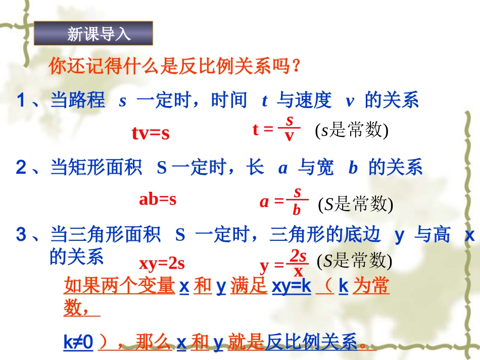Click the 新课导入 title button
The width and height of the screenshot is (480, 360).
click(93, 34)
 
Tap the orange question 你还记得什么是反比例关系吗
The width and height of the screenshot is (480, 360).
click(175, 67)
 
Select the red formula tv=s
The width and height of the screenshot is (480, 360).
click(150, 133)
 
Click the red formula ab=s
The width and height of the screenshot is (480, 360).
click(158, 199)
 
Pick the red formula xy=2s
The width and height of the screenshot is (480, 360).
click(162, 263)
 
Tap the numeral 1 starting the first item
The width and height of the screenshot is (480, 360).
click(21, 101)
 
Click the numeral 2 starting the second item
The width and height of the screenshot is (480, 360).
click(21, 168)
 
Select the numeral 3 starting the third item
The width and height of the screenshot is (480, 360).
click(21, 235)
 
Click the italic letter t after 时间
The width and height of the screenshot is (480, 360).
click(264, 101)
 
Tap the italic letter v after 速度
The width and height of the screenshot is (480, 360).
click(349, 101)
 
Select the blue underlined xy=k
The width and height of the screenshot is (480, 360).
click(292, 287)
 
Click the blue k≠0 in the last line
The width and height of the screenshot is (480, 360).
click(79, 343)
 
